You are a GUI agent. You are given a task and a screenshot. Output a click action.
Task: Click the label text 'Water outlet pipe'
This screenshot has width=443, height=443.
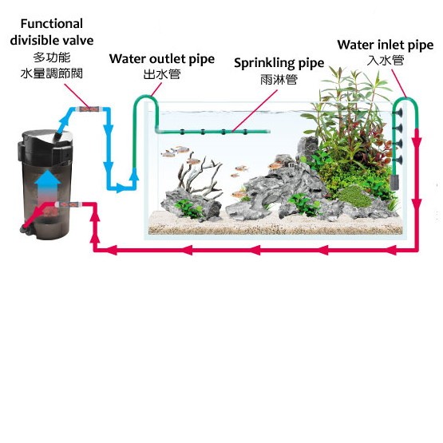click(x=162, y=59)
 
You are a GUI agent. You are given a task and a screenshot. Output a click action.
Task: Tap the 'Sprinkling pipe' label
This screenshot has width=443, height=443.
click(x=279, y=63)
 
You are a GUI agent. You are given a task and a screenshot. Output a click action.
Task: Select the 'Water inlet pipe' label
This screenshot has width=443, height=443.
click(x=386, y=45)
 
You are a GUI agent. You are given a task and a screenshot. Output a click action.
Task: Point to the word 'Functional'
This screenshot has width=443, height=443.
click(x=52, y=24)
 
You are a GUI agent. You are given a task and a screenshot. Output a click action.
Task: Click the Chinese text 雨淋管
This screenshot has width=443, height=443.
click(x=279, y=79)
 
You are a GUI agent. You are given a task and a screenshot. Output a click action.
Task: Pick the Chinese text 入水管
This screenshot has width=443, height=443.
click(x=386, y=60)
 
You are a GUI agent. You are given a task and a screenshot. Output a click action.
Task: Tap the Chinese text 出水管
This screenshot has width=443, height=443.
click(x=162, y=74)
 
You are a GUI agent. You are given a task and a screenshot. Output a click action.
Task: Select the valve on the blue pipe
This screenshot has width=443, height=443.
click(x=89, y=109)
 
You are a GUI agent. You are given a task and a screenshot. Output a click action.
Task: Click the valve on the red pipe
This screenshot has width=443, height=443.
click(x=69, y=204)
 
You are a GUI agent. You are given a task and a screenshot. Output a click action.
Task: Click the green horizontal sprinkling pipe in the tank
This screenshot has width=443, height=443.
click(x=212, y=132)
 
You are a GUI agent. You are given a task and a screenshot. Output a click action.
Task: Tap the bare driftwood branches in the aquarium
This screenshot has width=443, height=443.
click(x=200, y=175)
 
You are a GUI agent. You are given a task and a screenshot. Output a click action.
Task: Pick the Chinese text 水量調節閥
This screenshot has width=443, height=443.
click(x=52, y=73)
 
